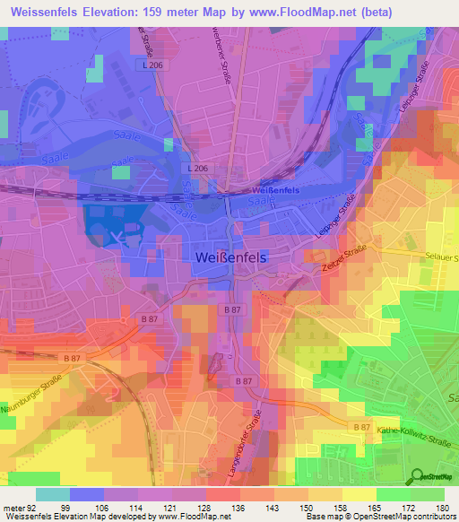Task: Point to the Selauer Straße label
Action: (x=437, y=257)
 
